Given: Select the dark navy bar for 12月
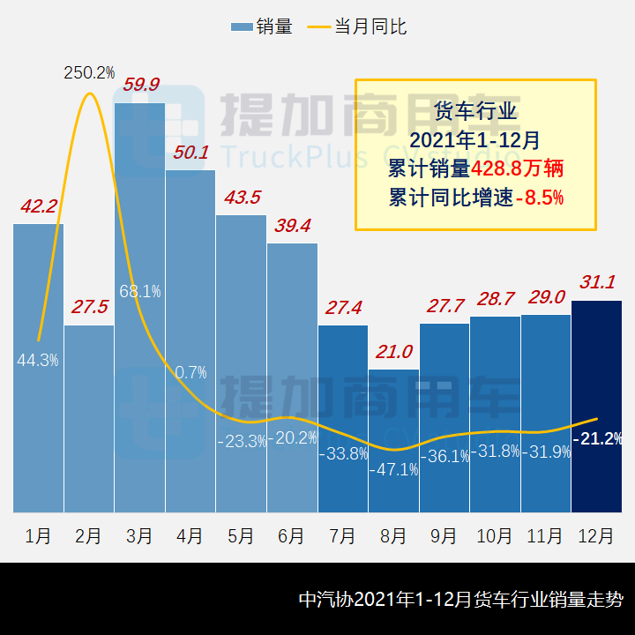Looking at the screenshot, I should (596, 406).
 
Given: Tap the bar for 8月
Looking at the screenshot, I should (393, 440).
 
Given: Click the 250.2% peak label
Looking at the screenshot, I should (89, 72).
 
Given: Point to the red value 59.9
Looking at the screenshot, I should (141, 85).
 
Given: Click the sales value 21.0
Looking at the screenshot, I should (393, 352).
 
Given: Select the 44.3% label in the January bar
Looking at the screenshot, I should (38, 360).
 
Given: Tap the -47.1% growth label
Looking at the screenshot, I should (393, 469).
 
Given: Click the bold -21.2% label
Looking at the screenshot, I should (597, 438).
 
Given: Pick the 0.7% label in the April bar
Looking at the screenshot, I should (190, 372).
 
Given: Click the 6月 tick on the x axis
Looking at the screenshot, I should (291, 536).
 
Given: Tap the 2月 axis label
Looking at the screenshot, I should (88, 536).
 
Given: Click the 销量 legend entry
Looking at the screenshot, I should (262, 26).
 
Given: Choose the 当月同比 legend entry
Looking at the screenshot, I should (357, 26).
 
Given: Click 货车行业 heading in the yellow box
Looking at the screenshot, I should (475, 111).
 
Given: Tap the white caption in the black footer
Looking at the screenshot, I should (460, 600).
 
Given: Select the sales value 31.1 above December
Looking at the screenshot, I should (597, 282).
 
